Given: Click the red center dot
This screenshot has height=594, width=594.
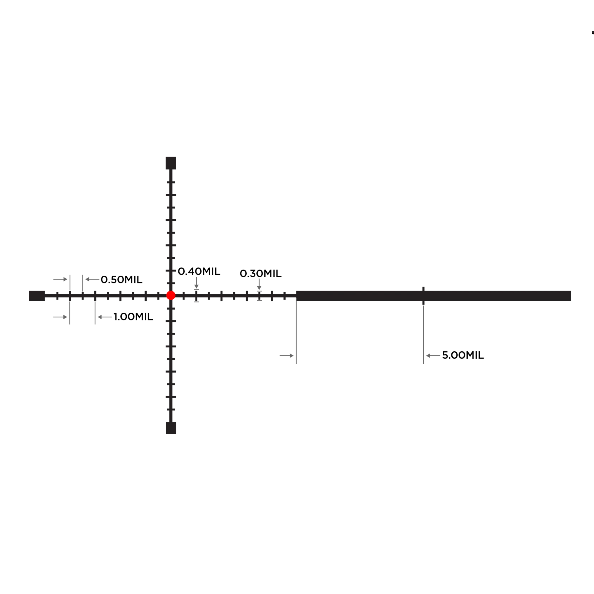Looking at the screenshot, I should point(171,296).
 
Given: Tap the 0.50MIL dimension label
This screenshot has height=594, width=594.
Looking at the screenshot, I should point(121,279).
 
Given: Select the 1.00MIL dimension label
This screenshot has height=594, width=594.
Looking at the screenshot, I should point(133,317).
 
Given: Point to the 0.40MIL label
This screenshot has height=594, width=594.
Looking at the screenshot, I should point(199,272).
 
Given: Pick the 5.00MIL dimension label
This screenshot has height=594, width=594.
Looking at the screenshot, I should point(463,355).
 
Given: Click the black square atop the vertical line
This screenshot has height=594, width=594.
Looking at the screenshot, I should point(171,163).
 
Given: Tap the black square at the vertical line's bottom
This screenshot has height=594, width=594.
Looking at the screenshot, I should point(171,428).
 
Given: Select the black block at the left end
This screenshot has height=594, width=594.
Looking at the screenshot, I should point(37,296).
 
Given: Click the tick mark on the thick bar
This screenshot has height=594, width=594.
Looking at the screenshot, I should point(423,296).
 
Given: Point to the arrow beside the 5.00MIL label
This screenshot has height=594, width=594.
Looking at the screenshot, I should point(433,356).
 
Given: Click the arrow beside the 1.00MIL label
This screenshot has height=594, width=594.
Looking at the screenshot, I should point(105,317).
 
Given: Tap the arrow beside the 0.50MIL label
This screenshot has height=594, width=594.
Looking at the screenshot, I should point(92,279).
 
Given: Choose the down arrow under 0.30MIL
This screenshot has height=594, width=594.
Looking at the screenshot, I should point(259,285).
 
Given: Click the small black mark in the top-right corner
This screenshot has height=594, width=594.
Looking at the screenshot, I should point(593,33).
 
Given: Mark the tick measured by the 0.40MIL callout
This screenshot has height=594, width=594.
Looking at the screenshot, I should point(196,296).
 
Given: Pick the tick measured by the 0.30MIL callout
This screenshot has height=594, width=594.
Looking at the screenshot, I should point(259,296).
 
